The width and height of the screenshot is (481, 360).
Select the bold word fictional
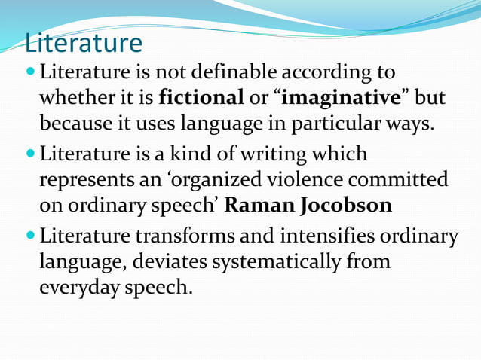(201, 98)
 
